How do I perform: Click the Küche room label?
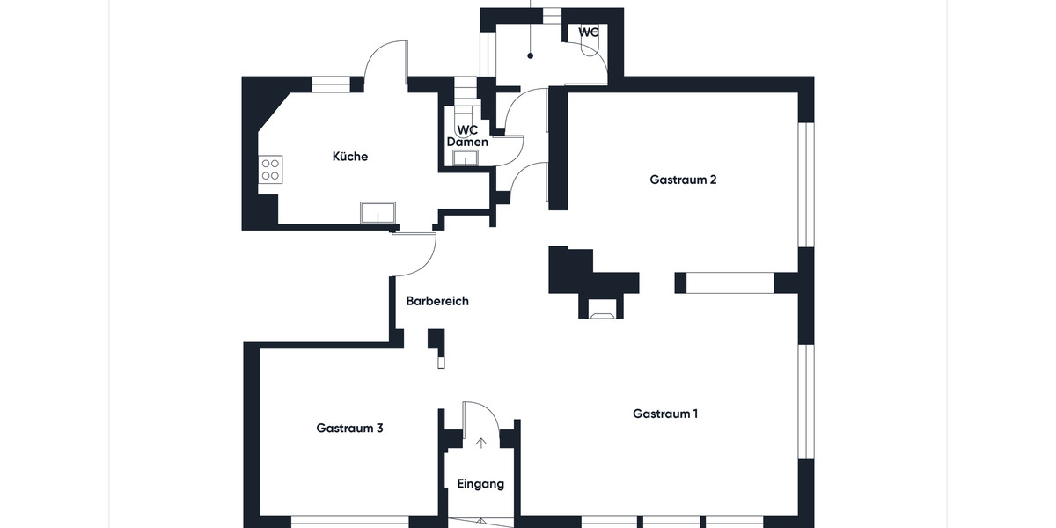click(x=349, y=157)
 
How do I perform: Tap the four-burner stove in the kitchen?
click(x=270, y=169)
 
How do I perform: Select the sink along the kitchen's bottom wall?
click(x=378, y=213)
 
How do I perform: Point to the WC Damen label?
click(x=467, y=136)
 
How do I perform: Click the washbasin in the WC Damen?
click(x=464, y=158)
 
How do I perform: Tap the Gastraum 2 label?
click(x=683, y=180)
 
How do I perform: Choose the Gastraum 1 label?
click(x=665, y=414)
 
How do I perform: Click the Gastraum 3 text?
click(x=349, y=429)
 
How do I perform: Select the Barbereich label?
click(x=437, y=301)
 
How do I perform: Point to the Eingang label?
click(x=480, y=484)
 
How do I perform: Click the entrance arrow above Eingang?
click(x=480, y=443)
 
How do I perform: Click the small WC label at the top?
click(x=589, y=33)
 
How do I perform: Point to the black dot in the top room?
click(x=531, y=56)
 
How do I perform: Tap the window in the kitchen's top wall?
click(x=331, y=84)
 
